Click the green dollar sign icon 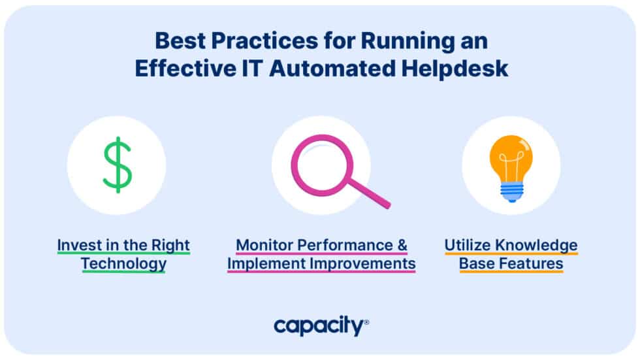coord(117,165)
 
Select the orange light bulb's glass coord(511,159)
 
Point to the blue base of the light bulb coord(511,193)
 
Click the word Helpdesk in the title coord(455,68)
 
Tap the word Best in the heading coord(180,41)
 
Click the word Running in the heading coord(407,42)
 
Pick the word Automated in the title coord(332,68)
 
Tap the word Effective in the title coord(185,68)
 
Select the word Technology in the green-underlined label coord(123,265)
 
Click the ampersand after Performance coord(402,245)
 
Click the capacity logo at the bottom coord(321,326)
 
